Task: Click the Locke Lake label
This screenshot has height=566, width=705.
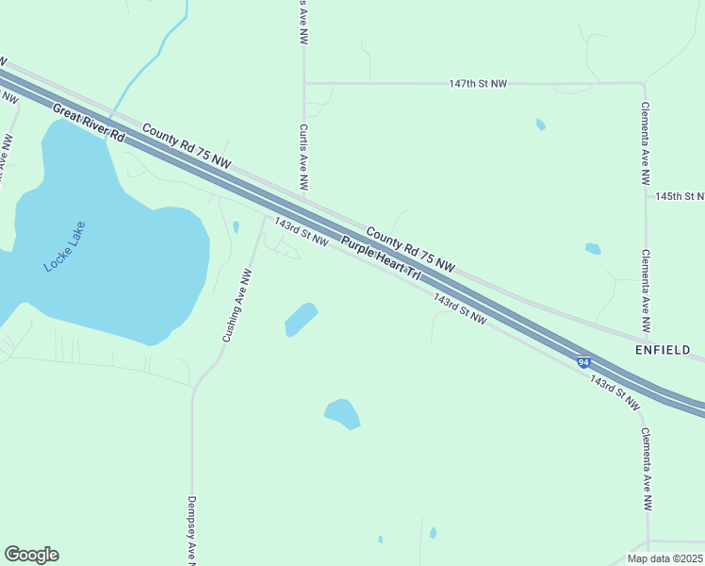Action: click(x=64, y=254)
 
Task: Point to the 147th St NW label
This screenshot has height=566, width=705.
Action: click(x=478, y=84)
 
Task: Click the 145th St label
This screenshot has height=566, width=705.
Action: click(x=680, y=196)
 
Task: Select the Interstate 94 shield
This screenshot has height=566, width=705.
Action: click(x=584, y=361)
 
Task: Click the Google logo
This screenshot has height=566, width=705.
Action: click(x=31, y=555)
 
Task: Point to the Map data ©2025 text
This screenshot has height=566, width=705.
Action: click(x=664, y=558)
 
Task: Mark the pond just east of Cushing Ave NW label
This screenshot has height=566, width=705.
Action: click(x=301, y=319)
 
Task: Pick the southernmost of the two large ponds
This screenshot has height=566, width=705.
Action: click(x=342, y=413)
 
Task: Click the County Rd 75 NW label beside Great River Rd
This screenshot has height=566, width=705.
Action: click(x=187, y=147)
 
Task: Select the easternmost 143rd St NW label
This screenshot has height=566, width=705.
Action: click(x=615, y=391)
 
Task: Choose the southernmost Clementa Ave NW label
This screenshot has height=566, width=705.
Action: click(x=647, y=470)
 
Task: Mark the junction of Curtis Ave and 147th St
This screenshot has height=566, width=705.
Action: click(x=303, y=83)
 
